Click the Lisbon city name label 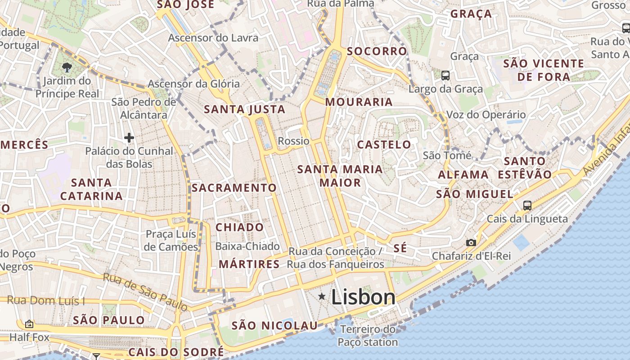pyautogui.click(x=363, y=297)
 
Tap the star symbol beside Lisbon pyautogui.click(x=322, y=296)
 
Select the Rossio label pyautogui.click(x=293, y=141)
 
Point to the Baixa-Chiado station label pyautogui.click(x=247, y=246)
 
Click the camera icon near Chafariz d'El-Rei pyautogui.click(x=471, y=243)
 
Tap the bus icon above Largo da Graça pyautogui.click(x=445, y=75)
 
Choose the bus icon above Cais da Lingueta pyautogui.click(x=527, y=206)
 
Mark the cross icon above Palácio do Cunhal pyautogui.click(x=129, y=137)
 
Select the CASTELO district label pyautogui.click(x=384, y=144)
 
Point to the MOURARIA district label pyautogui.click(x=359, y=102)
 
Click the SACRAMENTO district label pyautogui.click(x=234, y=188)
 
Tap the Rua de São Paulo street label pyautogui.click(x=145, y=292)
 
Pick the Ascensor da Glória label pyautogui.click(x=193, y=84)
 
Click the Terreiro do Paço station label pyautogui.click(x=368, y=336)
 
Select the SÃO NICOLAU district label pyautogui.click(x=274, y=325)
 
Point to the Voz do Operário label pyautogui.click(x=486, y=115)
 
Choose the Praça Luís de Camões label pyautogui.click(x=171, y=240)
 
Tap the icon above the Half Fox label pyautogui.click(x=29, y=324)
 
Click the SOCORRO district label pyautogui.click(x=377, y=51)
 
